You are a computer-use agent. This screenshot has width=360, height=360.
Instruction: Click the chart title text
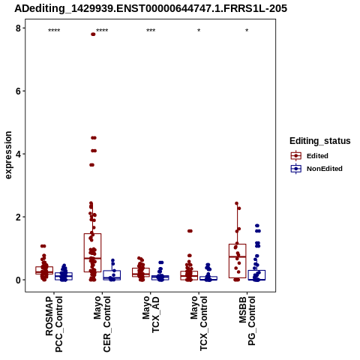(x=151, y=9)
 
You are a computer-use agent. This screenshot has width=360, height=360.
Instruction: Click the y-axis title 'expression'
(x=8, y=155)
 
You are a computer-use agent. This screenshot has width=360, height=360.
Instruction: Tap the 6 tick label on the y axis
(x=19, y=91)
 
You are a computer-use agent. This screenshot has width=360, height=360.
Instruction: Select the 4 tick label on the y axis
(x=19, y=154)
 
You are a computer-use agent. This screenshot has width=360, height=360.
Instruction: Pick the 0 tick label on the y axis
(x=19, y=280)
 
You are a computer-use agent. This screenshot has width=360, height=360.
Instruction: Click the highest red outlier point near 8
(x=93, y=34)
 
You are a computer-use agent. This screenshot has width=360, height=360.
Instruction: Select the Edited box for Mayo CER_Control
(x=92, y=253)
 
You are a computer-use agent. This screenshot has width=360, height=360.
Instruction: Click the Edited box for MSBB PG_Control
(x=238, y=261)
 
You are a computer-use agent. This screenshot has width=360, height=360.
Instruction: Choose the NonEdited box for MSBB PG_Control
(x=256, y=275)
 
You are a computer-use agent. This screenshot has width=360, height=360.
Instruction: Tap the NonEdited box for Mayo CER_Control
(x=112, y=275)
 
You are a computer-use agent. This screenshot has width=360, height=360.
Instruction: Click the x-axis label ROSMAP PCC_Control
(x=54, y=324)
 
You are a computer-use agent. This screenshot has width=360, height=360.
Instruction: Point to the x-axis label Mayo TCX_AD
(x=151, y=314)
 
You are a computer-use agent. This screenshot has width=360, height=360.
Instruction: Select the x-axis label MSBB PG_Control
(x=247, y=321)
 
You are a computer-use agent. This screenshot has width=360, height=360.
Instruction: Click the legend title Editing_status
(x=320, y=141)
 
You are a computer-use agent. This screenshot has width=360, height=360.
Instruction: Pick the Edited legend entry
(x=310, y=156)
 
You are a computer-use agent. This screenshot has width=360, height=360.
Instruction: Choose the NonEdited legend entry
(x=316, y=169)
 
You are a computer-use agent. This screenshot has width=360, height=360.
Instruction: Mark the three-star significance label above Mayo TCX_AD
(x=151, y=31)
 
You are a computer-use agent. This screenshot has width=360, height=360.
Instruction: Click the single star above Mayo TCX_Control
(x=199, y=31)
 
